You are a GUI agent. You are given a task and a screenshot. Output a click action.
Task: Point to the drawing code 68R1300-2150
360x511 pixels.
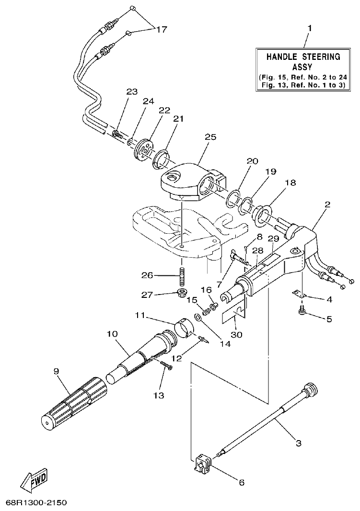point(36,503)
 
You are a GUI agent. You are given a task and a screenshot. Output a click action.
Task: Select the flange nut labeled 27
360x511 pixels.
point(182,292)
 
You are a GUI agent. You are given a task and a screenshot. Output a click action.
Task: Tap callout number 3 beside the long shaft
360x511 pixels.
point(298,443)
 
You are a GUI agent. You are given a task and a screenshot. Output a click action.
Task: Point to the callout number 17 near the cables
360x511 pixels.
point(161,30)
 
